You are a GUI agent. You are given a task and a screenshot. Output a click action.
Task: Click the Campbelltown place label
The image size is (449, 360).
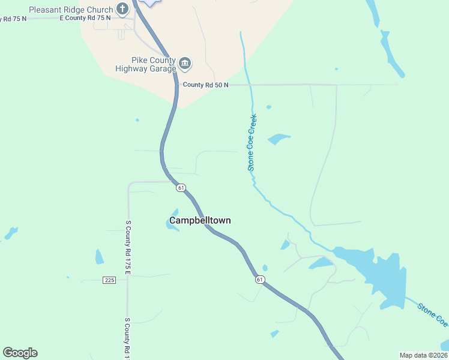(x=200, y=220)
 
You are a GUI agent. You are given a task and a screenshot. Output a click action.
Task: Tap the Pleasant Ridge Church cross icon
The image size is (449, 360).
(x=122, y=9)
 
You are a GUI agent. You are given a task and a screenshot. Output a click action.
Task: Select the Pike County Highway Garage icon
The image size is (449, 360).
(x=185, y=63)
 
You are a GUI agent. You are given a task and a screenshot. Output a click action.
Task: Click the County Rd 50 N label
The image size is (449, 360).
(x=206, y=85)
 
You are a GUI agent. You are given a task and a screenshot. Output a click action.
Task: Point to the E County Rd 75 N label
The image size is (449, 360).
(x=85, y=18)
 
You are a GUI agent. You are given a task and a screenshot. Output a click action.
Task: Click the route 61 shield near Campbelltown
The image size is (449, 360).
(x=181, y=188)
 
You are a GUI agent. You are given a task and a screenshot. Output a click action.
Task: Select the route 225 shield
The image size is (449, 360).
(x=109, y=280)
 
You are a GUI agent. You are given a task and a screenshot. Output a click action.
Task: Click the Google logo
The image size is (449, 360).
(x=20, y=353)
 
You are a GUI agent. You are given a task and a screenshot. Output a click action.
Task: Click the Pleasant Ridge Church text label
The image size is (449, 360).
(x=71, y=10)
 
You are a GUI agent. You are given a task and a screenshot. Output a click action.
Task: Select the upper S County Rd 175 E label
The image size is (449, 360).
(x=128, y=247)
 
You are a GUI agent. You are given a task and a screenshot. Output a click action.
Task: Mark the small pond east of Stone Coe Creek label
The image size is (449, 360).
(x=279, y=139)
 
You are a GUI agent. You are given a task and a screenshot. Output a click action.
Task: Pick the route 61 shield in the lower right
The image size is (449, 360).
(x=259, y=280)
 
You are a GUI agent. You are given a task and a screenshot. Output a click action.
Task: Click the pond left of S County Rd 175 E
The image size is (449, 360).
(x=99, y=257)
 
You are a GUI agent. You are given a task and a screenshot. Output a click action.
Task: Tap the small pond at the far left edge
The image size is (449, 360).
(x=11, y=233)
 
